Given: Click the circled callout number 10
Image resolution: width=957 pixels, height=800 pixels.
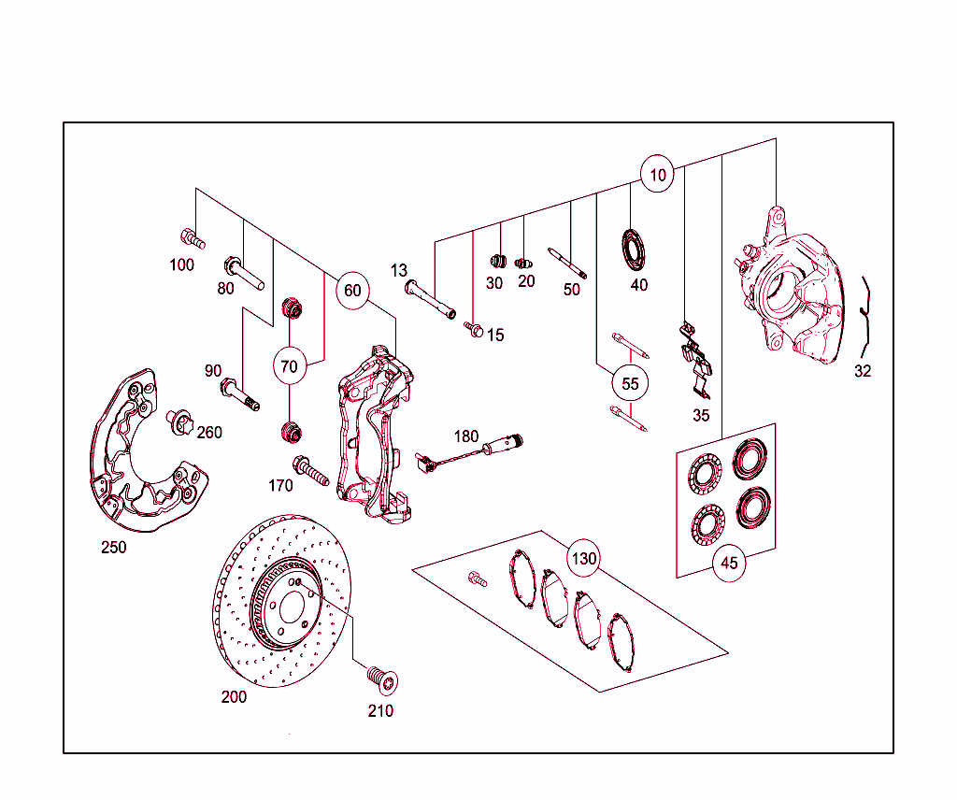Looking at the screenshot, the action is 657,175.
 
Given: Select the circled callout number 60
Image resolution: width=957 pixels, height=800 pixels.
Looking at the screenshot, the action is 352,291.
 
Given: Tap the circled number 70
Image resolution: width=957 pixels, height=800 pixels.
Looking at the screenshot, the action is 290,366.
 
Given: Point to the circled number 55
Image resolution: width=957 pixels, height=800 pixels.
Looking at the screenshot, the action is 630,384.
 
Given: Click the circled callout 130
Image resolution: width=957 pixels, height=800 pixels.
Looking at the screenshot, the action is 583,558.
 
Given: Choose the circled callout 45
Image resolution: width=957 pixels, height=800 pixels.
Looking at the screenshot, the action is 729,564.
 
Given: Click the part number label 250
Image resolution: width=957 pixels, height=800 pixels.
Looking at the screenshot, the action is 113,548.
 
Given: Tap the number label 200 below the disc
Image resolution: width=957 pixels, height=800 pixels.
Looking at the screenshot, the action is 234,697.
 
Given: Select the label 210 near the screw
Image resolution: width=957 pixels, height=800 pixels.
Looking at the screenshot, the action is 380,711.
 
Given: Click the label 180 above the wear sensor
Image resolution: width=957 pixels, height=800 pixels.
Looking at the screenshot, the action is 466,436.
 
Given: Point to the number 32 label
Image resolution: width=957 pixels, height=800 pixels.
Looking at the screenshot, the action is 863,371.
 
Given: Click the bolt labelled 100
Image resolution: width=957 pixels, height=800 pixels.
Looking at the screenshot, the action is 193,239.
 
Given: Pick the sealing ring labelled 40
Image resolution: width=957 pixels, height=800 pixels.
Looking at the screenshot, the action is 633,249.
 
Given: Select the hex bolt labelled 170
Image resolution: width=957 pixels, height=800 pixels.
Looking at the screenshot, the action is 310,470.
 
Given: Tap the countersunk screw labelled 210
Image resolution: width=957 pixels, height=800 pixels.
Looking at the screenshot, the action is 382,680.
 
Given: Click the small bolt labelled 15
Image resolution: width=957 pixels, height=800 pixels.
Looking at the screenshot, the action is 474,330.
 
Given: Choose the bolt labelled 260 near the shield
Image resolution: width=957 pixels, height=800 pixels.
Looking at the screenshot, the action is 179,422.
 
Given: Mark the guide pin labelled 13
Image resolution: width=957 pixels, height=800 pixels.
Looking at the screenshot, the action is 430,299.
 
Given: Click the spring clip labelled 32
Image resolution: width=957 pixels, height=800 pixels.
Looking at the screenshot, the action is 865,317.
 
